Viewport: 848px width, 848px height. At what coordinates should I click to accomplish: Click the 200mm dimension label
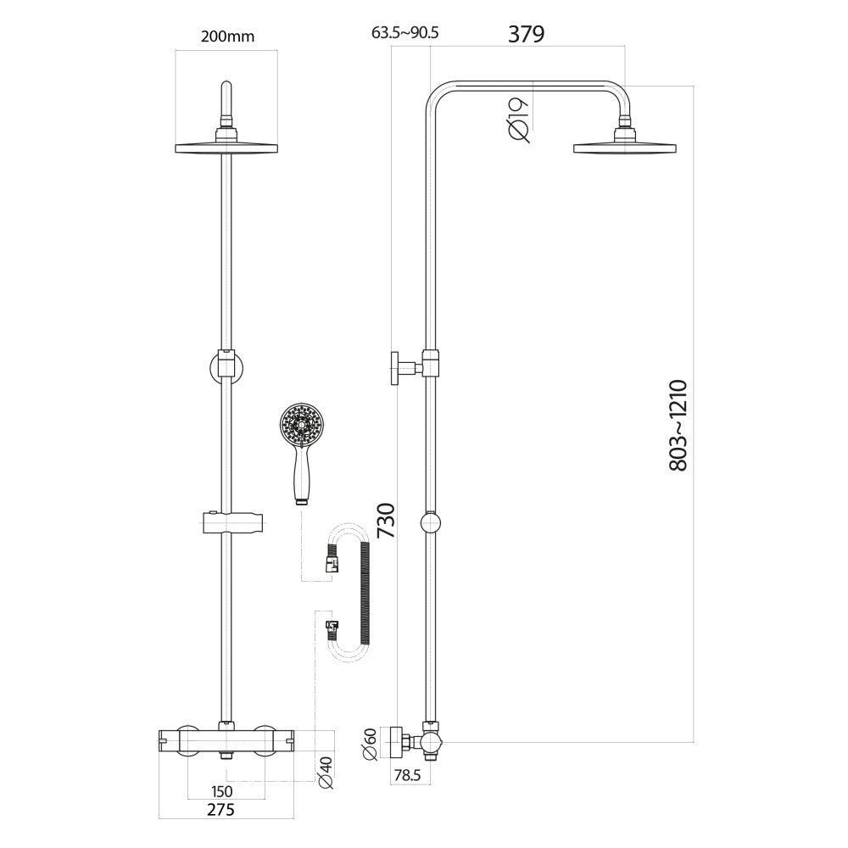227,36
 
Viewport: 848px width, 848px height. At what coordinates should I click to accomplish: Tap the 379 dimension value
527,34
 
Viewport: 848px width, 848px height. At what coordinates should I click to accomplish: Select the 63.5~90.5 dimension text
405,33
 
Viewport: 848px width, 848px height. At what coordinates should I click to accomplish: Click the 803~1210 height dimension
678,426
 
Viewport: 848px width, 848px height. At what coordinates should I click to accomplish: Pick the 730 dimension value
387,521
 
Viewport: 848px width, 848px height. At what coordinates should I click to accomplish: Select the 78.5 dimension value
407,776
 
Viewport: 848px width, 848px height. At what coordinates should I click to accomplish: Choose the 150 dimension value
221,791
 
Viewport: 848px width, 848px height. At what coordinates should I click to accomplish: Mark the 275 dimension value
220,810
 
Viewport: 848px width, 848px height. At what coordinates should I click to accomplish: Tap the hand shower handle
301,473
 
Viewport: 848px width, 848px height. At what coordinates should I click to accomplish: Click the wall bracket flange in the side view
395,368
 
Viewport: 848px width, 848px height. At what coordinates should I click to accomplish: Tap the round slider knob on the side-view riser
431,523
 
